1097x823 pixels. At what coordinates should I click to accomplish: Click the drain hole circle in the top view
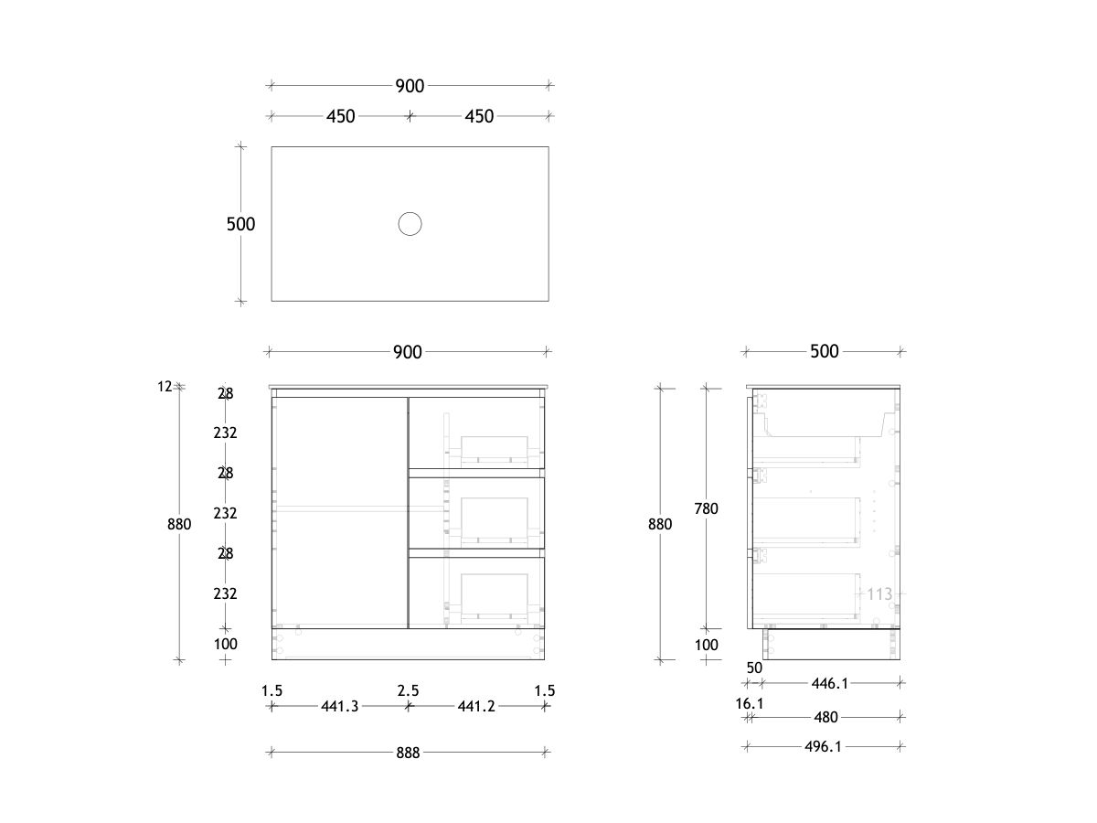pyautogui.click(x=410, y=223)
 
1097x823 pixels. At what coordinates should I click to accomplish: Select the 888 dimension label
pyautogui.click(x=408, y=753)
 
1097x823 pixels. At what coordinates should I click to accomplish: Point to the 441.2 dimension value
pyautogui.click(x=475, y=706)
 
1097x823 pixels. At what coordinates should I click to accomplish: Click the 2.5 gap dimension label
pyautogui.click(x=408, y=690)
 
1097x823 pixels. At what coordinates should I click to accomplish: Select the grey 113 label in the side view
pyautogui.click(x=879, y=594)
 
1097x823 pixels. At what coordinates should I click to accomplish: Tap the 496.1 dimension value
pyautogui.click(x=823, y=747)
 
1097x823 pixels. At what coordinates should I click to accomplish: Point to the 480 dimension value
pyautogui.click(x=825, y=717)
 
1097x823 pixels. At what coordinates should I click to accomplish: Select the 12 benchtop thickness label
pyautogui.click(x=165, y=387)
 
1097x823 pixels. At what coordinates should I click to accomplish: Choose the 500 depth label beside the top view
pyautogui.click(x=240, y=224)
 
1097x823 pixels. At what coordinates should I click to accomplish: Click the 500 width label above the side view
pyautogui.click(x=825, y=351)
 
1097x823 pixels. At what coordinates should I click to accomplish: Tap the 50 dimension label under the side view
pyautogui.click(x=754, y=668)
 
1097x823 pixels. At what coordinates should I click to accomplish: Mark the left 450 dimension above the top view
pyautogui.click(x=341, y=116)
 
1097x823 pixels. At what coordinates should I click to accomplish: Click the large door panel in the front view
pyautogui.click(x=339, y=512)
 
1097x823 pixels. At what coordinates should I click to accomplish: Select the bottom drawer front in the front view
pyautogui.click(x=476, y=592)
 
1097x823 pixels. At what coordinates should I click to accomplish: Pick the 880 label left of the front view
pyautogui.click(x=179, y=524)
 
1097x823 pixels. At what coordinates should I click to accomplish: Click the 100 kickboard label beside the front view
pyautogui.click(x=225, y=644)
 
